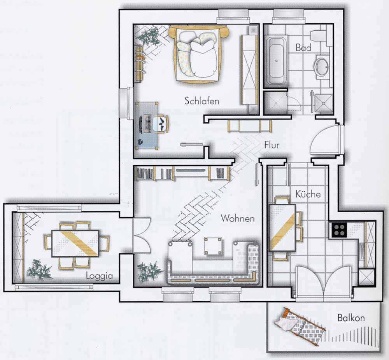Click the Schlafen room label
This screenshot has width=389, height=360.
(202, 101)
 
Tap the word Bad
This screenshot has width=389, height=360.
(303, 47)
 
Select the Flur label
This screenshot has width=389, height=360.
(272, 145)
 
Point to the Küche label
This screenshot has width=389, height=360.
(308, 194)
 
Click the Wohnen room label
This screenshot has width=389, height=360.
(238, 218)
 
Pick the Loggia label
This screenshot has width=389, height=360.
(99, 276)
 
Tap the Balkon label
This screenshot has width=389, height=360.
(351, 318)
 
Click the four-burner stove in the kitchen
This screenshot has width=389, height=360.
(339, 230)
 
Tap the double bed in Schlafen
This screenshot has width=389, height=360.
(198, 54)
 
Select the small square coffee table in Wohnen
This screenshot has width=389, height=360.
(213, 246)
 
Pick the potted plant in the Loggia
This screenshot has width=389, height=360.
(40, 270)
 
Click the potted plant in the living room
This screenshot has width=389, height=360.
(150, 272)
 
